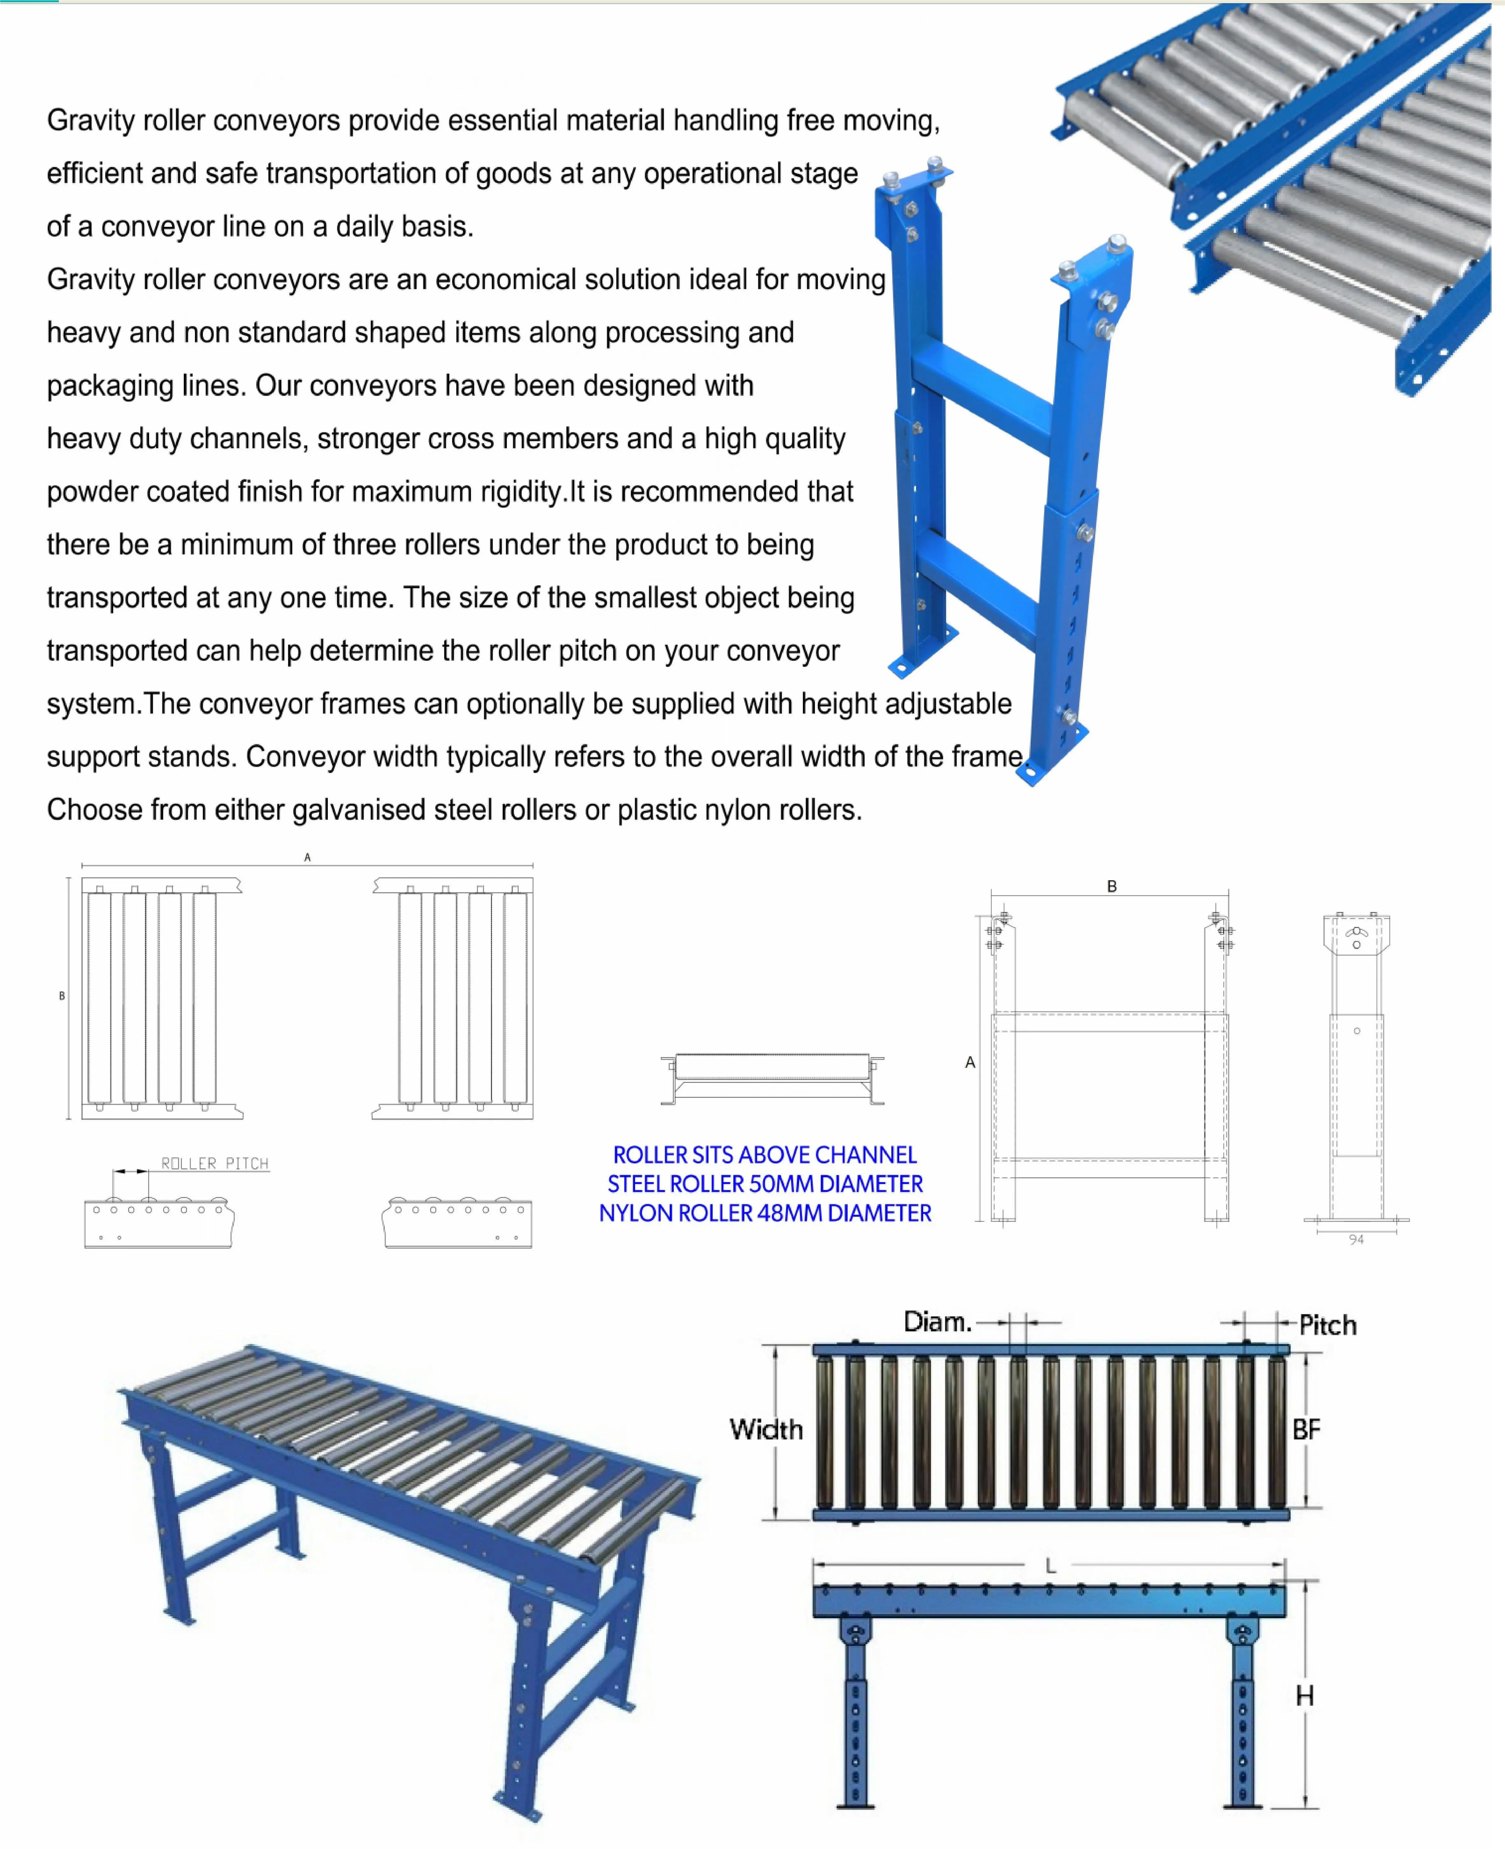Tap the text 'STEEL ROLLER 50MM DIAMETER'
coord(765,1184)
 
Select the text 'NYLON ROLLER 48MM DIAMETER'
coord(765,1213)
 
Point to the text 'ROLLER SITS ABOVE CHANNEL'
coord(765,1155)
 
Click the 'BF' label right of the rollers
coord(1306,1430)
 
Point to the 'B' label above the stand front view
coord(1111,886)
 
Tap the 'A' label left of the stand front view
coord(970,1062)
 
